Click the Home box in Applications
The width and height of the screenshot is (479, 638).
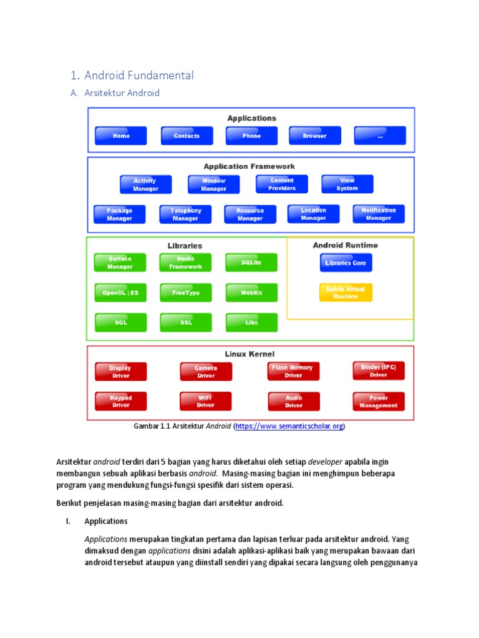click(x=121, y=136)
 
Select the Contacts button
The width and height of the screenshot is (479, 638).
click(x=186, y=136)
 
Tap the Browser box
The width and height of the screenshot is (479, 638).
click(x=315, y=136)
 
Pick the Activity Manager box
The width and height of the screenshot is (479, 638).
click(x=145, y=184)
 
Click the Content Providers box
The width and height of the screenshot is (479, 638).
click(x=282, y=184)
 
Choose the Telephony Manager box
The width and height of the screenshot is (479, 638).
click(x=186, y=214)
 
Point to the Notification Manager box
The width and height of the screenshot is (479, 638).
click(x=379, y=214)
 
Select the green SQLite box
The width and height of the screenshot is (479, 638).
click(x=251, y=263)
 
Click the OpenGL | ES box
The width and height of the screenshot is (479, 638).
click(x=120, y=293)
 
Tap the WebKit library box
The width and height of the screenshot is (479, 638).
click(x=251, y=293)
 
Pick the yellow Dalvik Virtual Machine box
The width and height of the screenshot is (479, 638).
click(x=346, y=293)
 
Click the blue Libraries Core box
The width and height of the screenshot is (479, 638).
click(x=346, y=263)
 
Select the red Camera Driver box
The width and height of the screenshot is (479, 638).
click(x=206, y=372)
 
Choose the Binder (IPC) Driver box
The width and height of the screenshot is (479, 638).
click(x=379, y=371)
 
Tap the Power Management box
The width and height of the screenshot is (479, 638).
click(x=379, y=402)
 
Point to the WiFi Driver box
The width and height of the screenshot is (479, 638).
click(x=206, y=402)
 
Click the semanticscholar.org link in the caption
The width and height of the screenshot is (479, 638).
click(x=289, y=426)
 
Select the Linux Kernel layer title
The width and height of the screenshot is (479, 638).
click(x=250, y=354)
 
